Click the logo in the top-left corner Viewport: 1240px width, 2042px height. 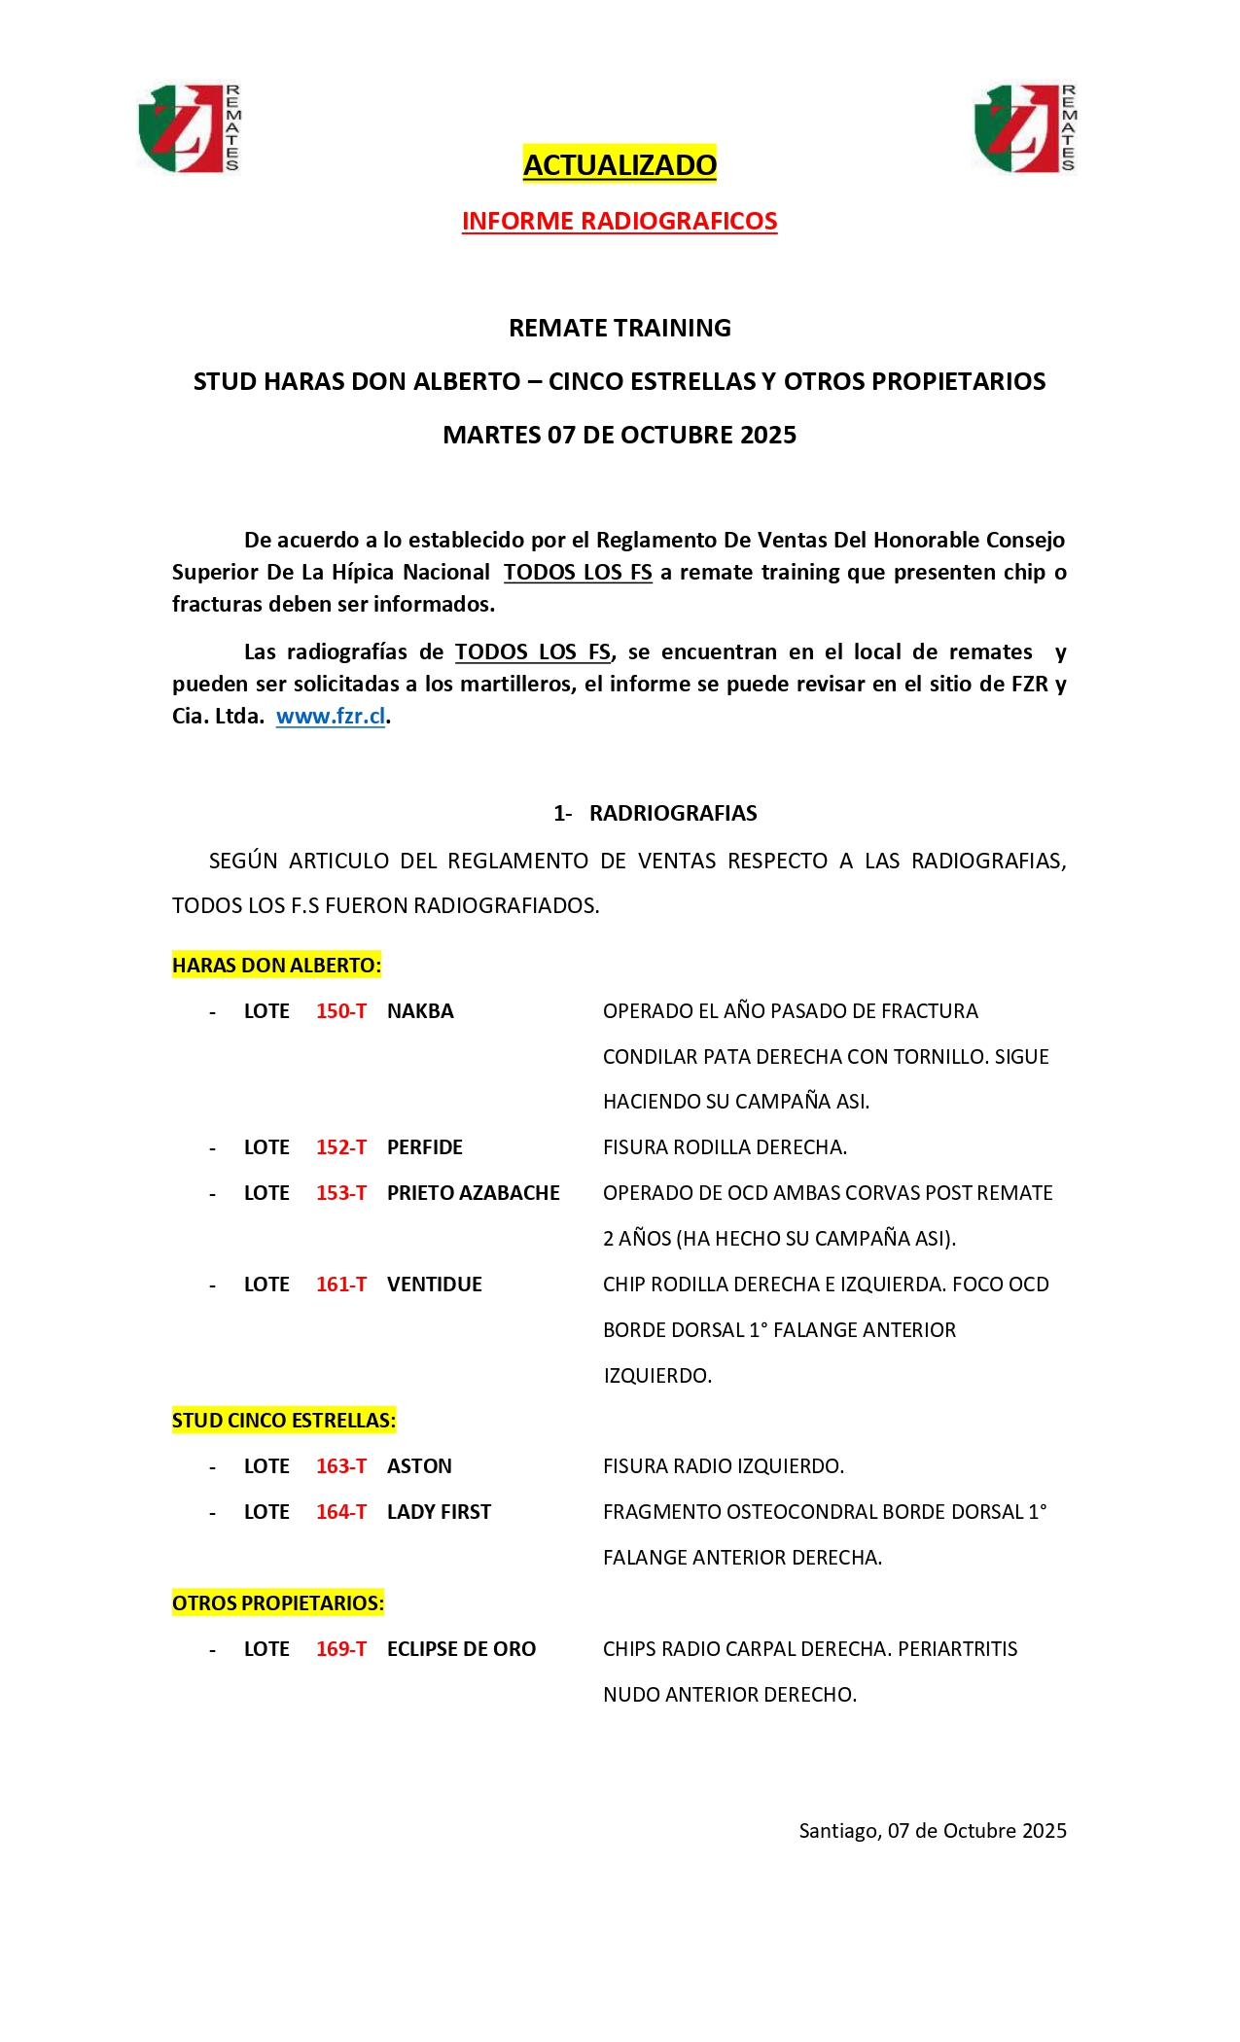(189, 128)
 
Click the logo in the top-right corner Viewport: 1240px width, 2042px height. (1025, 128)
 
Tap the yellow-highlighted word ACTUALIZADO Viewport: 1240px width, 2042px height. (620, 164)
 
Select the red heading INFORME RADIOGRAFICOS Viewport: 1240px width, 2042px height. (620, 221)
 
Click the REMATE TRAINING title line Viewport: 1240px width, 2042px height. (620, 328)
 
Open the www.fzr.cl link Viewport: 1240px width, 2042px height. (331, 717)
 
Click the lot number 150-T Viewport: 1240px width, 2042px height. (341, 1011)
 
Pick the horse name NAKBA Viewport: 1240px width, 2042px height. (420, 1011)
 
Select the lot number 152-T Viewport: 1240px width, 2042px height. (341, 1147)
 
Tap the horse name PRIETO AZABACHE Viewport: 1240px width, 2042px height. (474, 1193)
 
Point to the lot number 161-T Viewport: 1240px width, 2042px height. (341, 1285)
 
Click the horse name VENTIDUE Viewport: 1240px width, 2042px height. (435, 1285)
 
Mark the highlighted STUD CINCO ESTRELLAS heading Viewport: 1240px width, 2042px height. (284, 1421)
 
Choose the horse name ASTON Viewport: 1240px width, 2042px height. (419, 1466)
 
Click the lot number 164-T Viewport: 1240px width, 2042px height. (341, 1512)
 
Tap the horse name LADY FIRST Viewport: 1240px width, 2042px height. (439, 1512)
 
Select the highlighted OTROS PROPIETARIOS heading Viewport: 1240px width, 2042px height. (278, 1603)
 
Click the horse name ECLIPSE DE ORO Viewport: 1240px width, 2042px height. (461, 1649)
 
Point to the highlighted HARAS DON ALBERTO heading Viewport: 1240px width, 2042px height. (276, 966)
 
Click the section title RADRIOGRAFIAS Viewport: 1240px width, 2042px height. (673, 813)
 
